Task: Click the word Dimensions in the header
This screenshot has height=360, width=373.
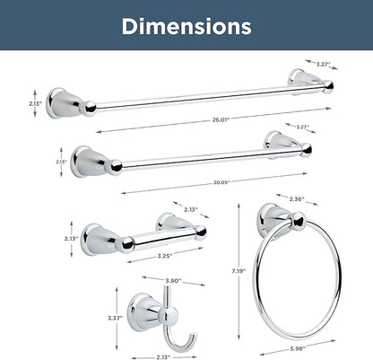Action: pos(186,26)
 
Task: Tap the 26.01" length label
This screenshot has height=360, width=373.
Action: pos(221,120)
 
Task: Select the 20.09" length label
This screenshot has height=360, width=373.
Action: pos(221,182)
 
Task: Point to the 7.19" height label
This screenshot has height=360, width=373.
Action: pos(239,271)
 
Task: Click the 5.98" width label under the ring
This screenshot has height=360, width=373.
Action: pos(298,348)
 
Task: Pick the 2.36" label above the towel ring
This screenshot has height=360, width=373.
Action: pos(297,198)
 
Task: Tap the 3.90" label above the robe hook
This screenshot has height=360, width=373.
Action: pos(174,281)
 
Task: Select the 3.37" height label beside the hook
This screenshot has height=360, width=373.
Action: pos(116,318)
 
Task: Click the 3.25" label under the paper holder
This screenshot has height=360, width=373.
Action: pos(165,256)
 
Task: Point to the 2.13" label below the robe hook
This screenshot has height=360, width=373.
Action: pos(163,356)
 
